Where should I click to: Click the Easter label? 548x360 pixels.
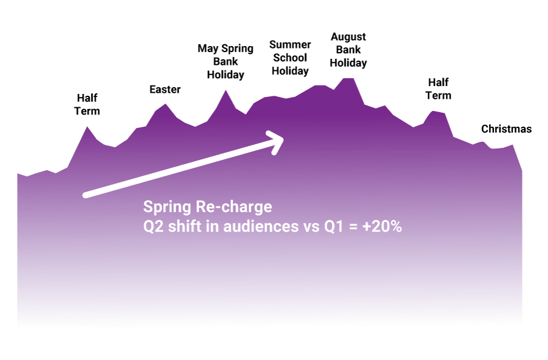[x=165, y=90]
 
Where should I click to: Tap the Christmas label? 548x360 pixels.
[x=506, y=129]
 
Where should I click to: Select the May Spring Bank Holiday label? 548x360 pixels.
[x=226, y=61]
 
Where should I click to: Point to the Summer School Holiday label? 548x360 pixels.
[x=290, y=58]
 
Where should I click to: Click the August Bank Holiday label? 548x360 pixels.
[x=349, y=50]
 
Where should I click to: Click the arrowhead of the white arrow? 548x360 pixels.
[x=278, y=140]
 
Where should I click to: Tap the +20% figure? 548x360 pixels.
[x=382, y=227]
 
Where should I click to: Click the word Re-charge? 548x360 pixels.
[x=234, y=207]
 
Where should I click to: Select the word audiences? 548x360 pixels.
[x=261, y=227]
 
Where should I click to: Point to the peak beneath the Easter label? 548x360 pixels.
[x=165, y=104]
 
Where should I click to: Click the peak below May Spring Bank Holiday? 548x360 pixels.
[x=226, y=91]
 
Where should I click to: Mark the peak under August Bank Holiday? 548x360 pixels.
[x=348, y=79]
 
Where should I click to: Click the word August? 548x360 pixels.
[x=349, y=37]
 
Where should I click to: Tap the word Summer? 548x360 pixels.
[x=290, y=45]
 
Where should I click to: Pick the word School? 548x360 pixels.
[x=290, y=58]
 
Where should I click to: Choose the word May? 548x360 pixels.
[x=208, y=48]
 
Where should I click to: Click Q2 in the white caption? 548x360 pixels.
[x=153, y=227]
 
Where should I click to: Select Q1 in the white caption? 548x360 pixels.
[x=334, y=227]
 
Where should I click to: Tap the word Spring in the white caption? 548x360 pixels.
[x=167, y=207]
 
